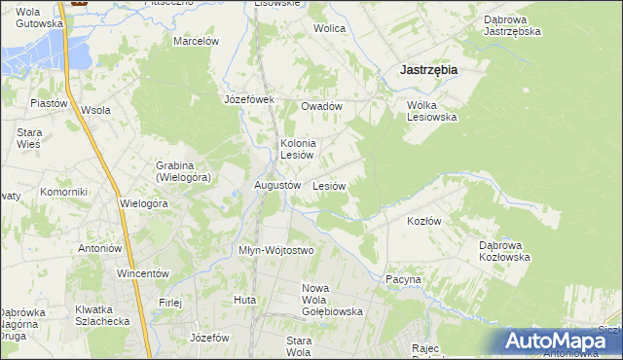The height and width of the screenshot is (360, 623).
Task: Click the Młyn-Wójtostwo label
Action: tap(276, 250)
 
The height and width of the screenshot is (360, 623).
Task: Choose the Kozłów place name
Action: tap(423, 221)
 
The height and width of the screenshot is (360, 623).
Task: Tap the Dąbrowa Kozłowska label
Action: tap(504, 252)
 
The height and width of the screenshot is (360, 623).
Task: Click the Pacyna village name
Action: tap(402, 279)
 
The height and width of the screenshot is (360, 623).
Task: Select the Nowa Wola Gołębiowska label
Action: tap(333, 300)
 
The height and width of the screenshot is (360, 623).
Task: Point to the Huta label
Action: tap(244, 300)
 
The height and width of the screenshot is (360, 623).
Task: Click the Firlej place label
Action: tap(170, 303)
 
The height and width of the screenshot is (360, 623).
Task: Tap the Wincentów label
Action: tap(143, 273)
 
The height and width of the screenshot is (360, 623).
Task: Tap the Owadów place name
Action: tap(322, 106)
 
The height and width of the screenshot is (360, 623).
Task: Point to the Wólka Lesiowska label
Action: tap(431, 111)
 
